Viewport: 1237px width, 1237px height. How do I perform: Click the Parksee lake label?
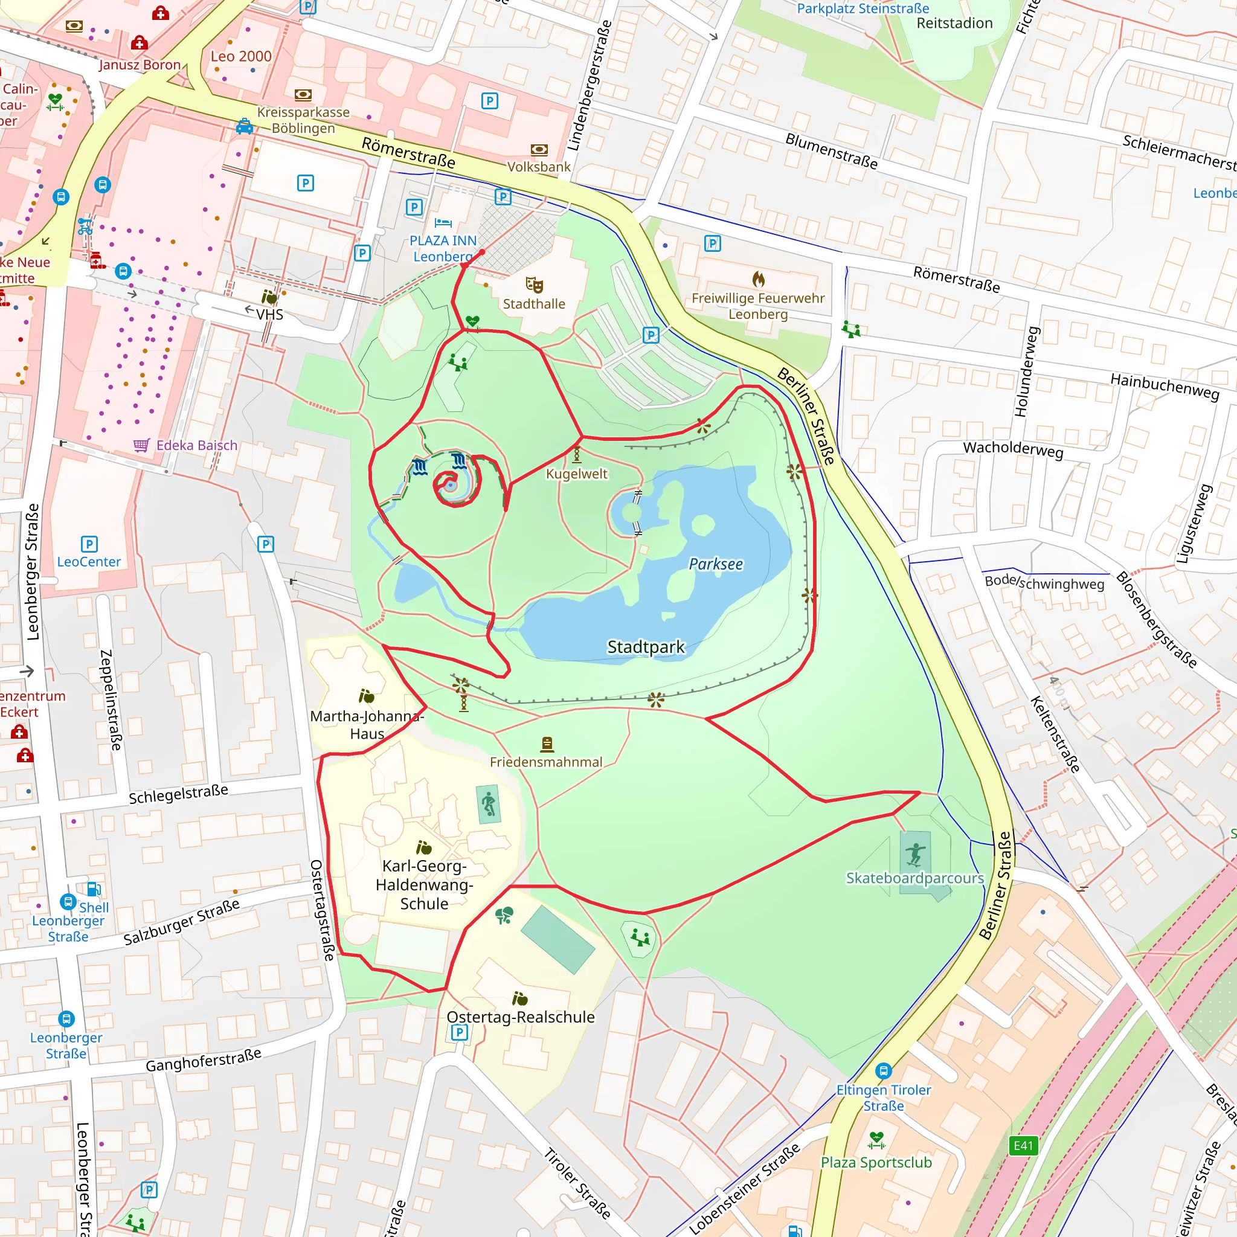pos(716,564)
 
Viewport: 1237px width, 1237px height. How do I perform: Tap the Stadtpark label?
pos(646,647)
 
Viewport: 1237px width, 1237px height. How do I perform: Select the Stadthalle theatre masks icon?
pos(534,285)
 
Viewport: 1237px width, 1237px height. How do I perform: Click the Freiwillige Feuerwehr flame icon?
pos(758,279)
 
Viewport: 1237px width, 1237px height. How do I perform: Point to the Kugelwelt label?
pos(576,474)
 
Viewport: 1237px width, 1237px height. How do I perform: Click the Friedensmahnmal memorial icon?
pos(547,744)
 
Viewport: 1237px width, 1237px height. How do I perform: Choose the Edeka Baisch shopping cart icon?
pos(141,445)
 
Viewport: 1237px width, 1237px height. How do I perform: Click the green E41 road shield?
pos(1023,1145)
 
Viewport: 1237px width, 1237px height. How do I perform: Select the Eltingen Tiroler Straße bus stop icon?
pos(884,1070)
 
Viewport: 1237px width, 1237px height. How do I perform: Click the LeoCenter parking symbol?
pos(89,544)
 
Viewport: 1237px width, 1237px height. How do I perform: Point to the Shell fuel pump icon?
pos(94,888)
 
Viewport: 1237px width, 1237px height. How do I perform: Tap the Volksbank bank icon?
pos(539,150)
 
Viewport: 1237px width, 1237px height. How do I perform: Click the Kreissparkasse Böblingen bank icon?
pos(303,95)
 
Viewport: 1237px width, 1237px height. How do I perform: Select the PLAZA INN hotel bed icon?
pos(443,223)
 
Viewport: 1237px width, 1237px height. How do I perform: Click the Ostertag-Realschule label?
pos(521,1017)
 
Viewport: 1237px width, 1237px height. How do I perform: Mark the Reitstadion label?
pos(954,23)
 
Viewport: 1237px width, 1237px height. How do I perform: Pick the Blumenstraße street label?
pos(831,150)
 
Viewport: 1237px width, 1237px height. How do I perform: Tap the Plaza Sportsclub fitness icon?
pos(876,1140)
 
